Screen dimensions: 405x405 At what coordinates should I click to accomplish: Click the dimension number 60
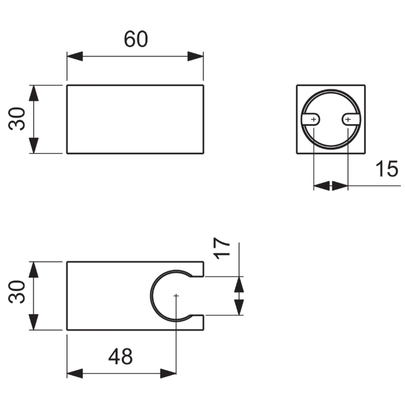pos(136,39)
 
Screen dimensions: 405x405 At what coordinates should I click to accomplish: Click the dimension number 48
pos(120,356)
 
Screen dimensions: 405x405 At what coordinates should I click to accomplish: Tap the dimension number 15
pos(387,169)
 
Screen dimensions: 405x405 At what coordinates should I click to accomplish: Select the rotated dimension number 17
pos(222,248)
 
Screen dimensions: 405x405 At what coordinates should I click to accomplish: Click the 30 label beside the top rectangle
pos(17,119)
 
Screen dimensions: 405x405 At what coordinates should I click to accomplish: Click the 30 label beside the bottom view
pos(17,292)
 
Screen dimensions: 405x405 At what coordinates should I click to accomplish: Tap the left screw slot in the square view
pos(311,119)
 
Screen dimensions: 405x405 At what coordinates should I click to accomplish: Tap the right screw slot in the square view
pos(351,119)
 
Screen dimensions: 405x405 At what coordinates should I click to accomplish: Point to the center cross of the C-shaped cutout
pos(176,295)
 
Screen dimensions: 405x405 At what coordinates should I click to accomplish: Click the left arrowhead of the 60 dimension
pos(75,56)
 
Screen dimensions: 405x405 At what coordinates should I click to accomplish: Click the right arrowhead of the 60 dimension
pos(195,56)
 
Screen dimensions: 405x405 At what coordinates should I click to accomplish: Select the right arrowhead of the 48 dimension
pos(168,374)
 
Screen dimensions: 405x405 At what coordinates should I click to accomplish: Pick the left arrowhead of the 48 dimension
pos(75,374)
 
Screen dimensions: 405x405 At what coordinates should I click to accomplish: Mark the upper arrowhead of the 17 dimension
pos(239,285)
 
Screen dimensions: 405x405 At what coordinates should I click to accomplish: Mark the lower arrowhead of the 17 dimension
pos(239,307)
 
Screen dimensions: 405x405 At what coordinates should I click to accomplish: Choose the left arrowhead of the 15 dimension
pos(321,186)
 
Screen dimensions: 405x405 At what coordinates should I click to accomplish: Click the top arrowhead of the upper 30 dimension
pos(33,93)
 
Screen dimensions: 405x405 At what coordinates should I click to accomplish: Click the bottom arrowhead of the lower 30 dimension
pos(33,322)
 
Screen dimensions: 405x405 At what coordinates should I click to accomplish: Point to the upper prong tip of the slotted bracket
pos(204,269)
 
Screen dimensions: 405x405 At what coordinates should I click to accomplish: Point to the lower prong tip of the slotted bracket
pos(204,322)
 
